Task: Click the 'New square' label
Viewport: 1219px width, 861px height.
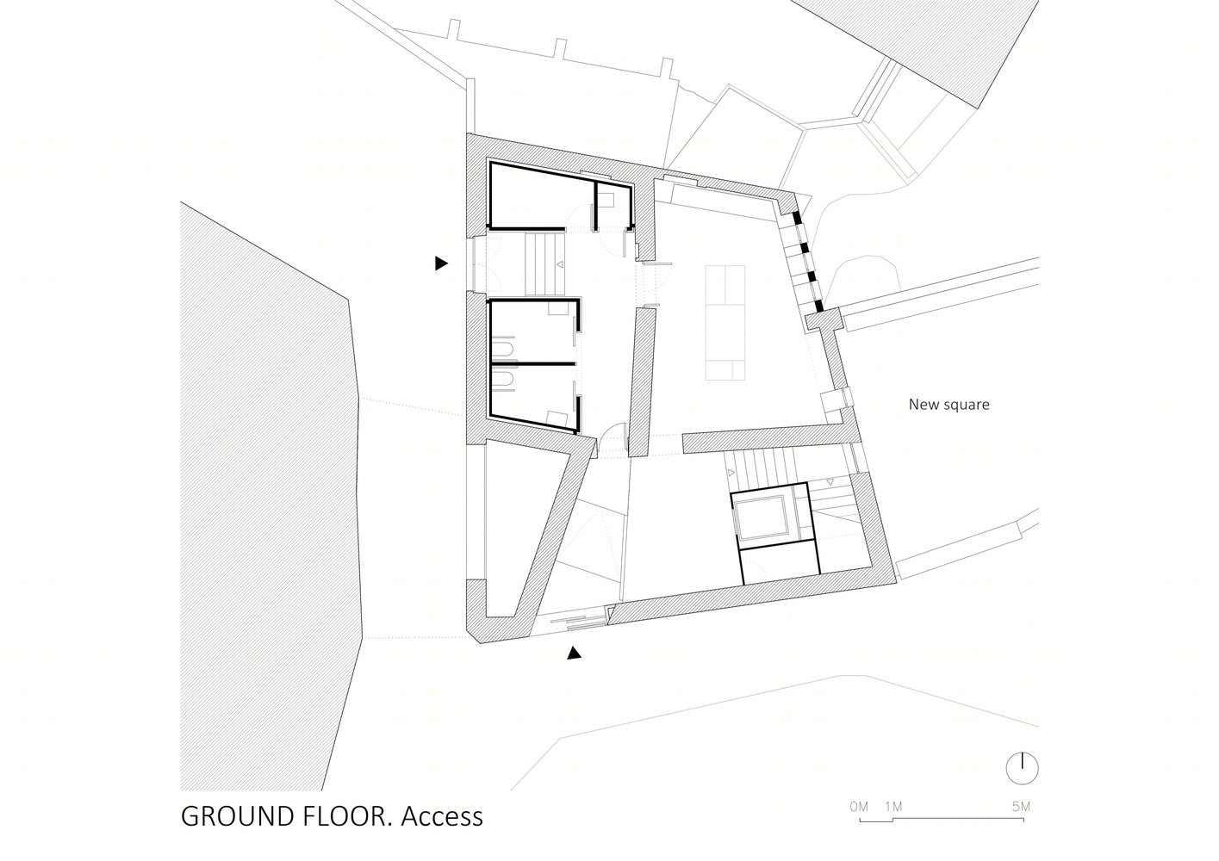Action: tap(948, 404)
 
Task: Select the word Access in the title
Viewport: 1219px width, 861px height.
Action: tap(442, 816)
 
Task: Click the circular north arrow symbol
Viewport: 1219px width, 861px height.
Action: tap(1022, 769)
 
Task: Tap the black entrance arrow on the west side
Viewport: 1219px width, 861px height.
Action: tap(441, 263)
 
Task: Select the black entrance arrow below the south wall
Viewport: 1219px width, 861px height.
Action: tap(574, 653)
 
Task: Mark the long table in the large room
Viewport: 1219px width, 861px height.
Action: tap(725, 323)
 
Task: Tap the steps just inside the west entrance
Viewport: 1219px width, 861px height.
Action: tap(545, 264)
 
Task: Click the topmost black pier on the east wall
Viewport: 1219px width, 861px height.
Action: tap(797, 218)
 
